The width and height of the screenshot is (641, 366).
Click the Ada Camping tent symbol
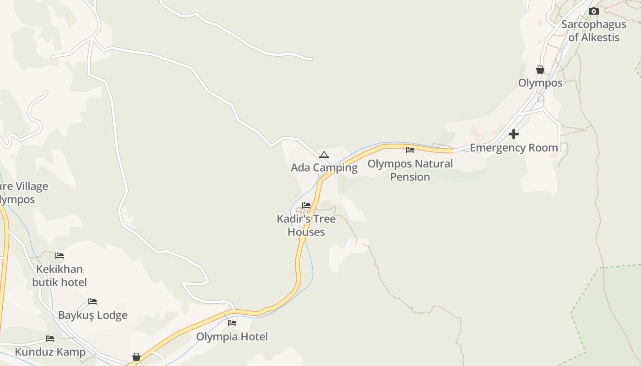click(x=324, y=155)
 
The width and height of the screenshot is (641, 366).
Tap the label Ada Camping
click(x=324, y=167)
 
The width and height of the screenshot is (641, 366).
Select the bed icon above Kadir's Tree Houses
click(x=306, y=205)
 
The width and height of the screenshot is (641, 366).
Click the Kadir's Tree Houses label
click(x=306, y=225)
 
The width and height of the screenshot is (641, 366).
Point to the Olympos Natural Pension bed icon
click(x=410, y=150)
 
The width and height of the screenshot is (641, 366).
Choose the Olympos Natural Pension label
click(x=410, y=170)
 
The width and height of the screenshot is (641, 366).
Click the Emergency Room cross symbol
click(x=514, y=134)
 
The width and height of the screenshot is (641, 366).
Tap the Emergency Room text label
click(x=514, y=148)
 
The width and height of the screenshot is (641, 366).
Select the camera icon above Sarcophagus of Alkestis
click(x=594, y=11)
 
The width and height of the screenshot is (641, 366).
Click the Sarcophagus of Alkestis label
click(x=594, y=31)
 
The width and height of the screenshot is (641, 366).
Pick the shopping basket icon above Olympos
click(x=540, y=70)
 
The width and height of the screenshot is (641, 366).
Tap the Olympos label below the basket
click(x=540, y=83)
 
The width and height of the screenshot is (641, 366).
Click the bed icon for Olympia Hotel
click(x=232, y=323)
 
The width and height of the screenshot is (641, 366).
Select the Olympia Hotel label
click(x=232, y=337)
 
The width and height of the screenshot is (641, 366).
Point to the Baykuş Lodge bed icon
click(x=92, y=301)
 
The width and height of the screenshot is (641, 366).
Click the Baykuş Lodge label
click(x=92, y=315)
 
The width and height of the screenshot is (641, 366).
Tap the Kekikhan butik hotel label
click(x=60, y=275)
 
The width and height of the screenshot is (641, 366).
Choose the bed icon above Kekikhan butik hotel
click(x=60, y=255)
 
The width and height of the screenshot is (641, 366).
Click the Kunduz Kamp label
click(x=50, y=352)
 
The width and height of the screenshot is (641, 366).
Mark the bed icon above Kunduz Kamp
click(x=50, y=339)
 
